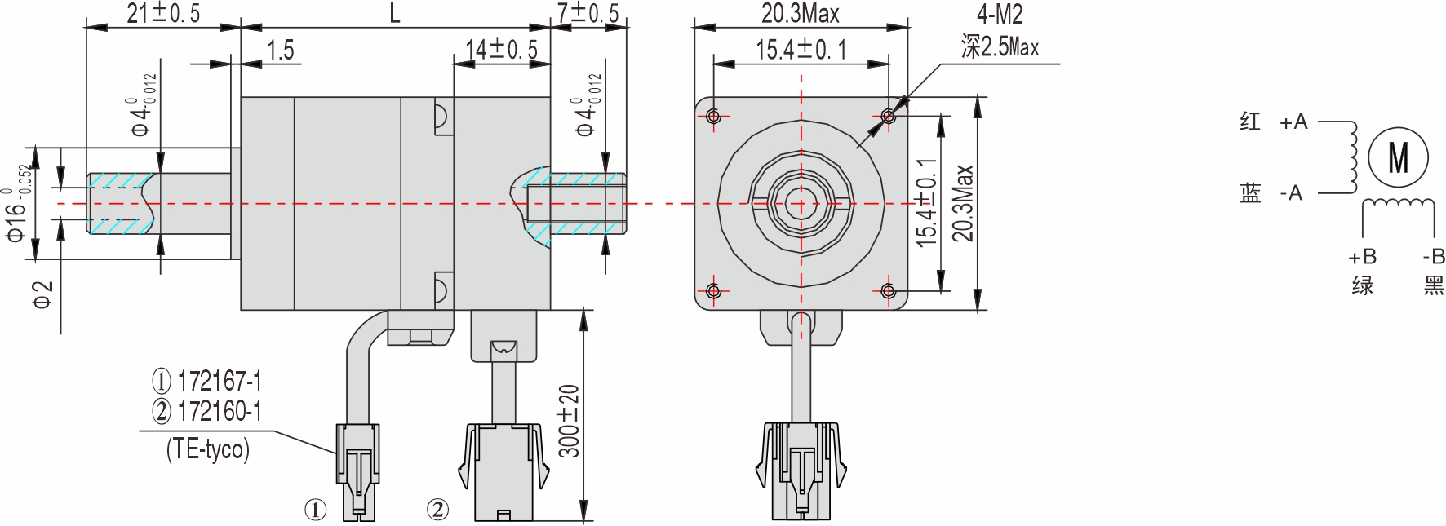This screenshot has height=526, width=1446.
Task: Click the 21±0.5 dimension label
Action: pos(163,13)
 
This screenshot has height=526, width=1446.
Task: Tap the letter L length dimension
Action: pos(395,13)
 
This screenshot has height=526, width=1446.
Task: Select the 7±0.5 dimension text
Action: pos(588,13)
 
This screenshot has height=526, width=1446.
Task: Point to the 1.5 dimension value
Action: pos(280,51)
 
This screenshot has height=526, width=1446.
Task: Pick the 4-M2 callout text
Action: pos(1000,14)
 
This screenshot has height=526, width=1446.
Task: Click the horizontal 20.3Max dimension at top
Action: pos(800,13)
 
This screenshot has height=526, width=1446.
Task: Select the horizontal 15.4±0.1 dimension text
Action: pos(801,51)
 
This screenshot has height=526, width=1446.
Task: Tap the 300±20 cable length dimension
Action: pos(570,421)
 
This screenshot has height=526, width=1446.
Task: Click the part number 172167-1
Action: pos(219,381)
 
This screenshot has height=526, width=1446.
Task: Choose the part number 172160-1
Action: pos(219,411)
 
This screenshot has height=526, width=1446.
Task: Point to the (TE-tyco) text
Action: pos(208,449)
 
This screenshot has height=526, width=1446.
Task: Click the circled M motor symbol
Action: pos(1398,157)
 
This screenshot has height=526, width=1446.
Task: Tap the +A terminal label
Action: pos(1293,122)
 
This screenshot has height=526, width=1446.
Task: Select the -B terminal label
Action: pos(1433,257)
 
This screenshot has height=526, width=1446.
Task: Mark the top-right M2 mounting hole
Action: pos(889,116)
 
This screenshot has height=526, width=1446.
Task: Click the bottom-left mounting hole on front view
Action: pos(714,291)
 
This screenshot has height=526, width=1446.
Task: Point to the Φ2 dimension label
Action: pos(42,295)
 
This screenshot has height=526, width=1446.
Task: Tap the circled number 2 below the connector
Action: pos(437,510)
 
